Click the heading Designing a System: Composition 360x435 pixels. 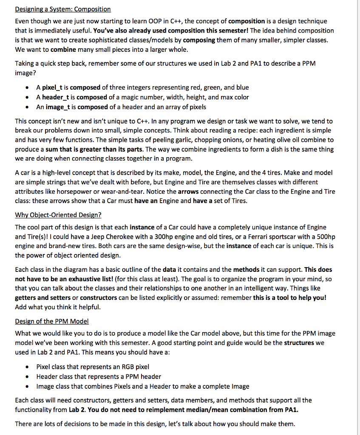tap(62, 9)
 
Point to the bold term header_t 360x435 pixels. tap(56, 97)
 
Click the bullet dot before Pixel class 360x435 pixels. tap(28, 367)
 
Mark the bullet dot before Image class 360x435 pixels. tap(28, 387)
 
